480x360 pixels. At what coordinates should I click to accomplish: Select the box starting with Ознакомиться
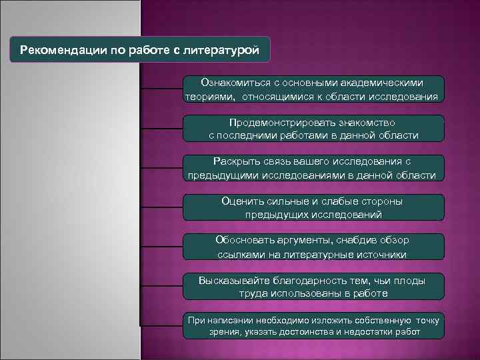[x=313, y=89]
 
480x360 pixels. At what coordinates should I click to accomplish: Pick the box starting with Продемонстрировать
[x=313, y=129]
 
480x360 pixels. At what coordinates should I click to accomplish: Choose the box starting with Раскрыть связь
[x=313, y=168]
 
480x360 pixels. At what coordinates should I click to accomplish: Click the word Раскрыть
[x=233, y=162]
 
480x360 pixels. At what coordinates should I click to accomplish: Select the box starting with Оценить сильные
[x=313, y=207]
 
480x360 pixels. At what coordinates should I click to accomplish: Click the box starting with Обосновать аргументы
[x=313, y=247]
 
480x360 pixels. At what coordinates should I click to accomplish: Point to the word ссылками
[x=237, y=254]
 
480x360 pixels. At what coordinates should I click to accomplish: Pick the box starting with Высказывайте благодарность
[x=313, y=286]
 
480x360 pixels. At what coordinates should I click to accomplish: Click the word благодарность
[x=303, y=280]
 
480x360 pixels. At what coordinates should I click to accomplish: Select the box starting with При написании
[x=313, y=325]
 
